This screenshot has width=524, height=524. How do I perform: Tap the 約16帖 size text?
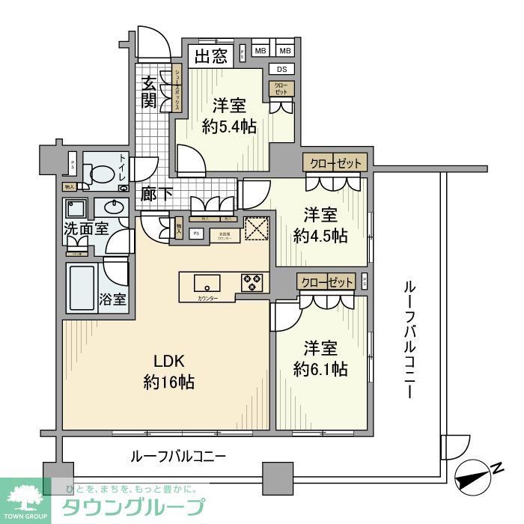click(x=169, y=382)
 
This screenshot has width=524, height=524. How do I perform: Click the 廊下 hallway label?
click(x=157, y=193)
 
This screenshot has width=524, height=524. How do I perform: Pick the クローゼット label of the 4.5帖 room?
click(x=335, y=162)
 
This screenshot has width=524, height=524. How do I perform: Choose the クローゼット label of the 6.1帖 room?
click(x=327, y=282)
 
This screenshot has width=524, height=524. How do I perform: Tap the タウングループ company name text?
click(x=130, y=506)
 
